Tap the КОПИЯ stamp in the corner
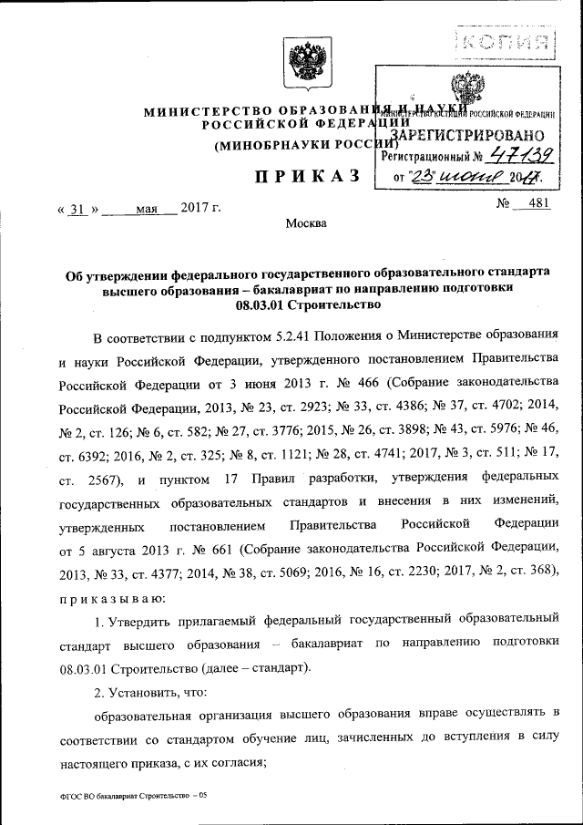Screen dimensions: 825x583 tap(506, 41)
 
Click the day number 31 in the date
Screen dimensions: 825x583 tap(77, 209)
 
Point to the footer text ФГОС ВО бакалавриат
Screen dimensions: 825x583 tap(107, 795)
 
